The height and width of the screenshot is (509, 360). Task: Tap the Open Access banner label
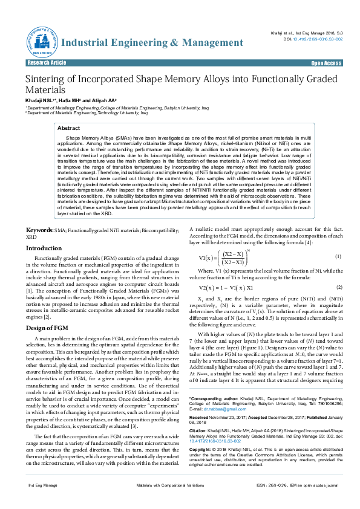coord(326,63)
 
